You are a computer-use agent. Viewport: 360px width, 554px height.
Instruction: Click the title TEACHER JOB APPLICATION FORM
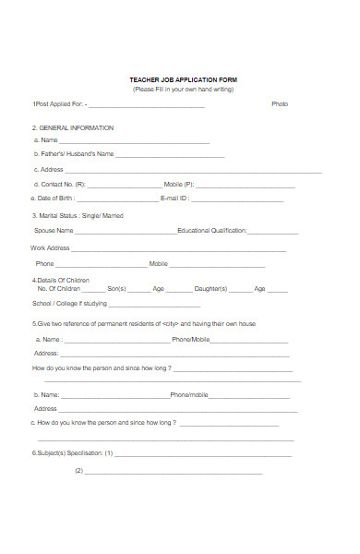[183, 79]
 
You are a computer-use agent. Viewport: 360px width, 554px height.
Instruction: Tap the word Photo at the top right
[280, 104]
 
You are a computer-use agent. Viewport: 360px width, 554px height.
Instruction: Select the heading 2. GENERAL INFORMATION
[73, 127]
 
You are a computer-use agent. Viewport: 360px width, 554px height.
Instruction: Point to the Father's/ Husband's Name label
[74, 154]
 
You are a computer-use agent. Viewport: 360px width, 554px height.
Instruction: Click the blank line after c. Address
[194, 172]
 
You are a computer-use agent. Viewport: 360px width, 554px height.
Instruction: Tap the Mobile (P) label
[179, 185]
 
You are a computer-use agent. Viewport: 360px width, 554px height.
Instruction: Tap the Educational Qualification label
[211, 231]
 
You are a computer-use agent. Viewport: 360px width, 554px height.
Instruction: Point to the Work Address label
[50, 248]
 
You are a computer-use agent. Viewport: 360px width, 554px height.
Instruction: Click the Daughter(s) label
[210, 289]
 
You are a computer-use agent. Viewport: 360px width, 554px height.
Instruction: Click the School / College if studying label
[70, 304]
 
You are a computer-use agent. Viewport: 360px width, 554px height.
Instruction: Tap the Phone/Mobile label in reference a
[191, 340]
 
